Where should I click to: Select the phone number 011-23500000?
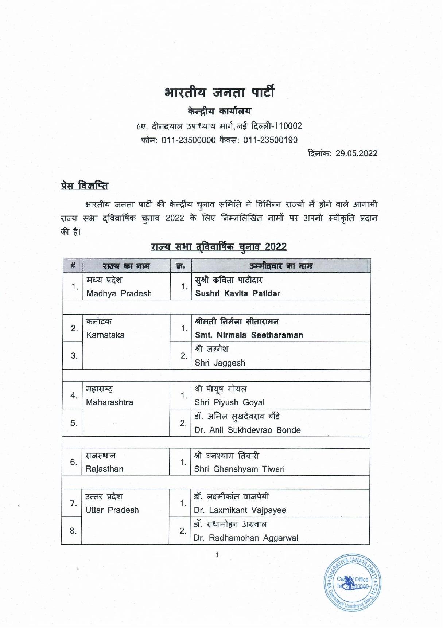coord(189,140)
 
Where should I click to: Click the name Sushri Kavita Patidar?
coord(237,293)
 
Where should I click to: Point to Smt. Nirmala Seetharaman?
coord(249,335)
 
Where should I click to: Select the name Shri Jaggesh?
coord(219,363)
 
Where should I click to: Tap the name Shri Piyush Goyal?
coord(229,402)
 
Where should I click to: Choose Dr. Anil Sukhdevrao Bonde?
coord(247,430)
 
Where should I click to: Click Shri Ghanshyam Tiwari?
coord(239,469)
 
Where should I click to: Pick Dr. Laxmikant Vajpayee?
coord(240,510)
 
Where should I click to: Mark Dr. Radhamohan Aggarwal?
coord(246,538)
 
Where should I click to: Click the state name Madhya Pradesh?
coord(118,293)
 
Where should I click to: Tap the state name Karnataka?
coord(105,335)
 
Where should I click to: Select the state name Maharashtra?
coord(109,402)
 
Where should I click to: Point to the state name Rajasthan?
coord(104,469)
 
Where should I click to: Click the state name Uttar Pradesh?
coord(112,510)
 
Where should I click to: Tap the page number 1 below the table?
coord(217,555)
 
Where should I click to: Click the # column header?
coord(73,266)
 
